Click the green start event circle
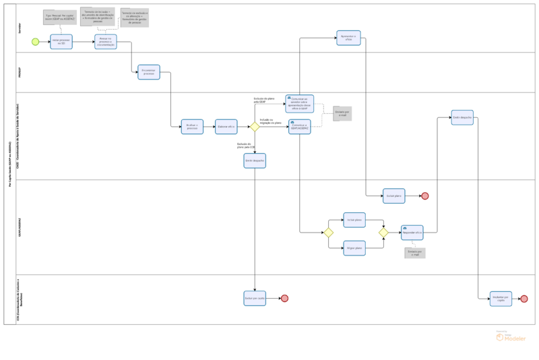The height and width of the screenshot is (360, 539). [x=35, y=42]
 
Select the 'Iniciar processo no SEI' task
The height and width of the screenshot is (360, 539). [x=61, y=42]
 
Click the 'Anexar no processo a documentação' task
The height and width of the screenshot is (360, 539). [x=106, y=42]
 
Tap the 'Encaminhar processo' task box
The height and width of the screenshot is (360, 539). [x=149, y=72]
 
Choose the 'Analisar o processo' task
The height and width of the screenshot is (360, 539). [x=192, y=127]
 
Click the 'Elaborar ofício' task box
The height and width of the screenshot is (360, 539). [x=226, y=127]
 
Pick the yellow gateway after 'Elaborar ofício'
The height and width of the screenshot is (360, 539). [x=255, y=127]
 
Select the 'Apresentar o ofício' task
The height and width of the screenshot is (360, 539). [x=349, y=38]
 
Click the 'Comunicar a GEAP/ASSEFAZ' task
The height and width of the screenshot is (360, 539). [x=300, y=127]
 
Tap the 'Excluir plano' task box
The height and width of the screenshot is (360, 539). [x=394, y=196]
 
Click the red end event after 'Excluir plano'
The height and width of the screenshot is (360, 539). [x=425, y=196]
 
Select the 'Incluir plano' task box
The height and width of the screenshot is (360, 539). [x=354, y=220]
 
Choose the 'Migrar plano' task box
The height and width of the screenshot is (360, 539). [x=354, y=248]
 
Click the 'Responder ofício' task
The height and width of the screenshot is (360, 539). [x=412, y=233]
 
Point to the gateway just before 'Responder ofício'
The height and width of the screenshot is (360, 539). [x=383, y=233]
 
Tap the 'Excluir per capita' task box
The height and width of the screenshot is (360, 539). [x=255, y=298]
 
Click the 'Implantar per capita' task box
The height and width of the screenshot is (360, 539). [x=501, y=299]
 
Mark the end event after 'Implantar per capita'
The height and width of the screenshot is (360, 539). [x=524, y=299]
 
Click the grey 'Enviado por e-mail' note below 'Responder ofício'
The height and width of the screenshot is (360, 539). [x=415, y=253]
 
